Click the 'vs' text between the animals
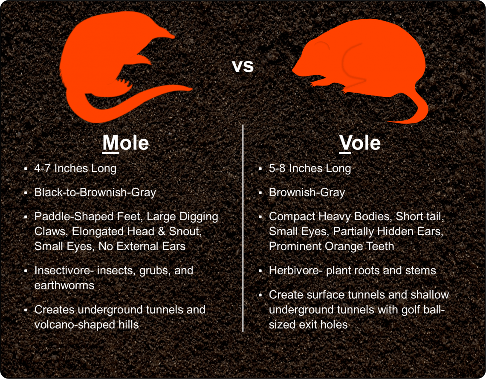pos(243,66)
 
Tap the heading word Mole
pos(126,143)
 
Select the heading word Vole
pos(360,143)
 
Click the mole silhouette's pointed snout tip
pos(174,37)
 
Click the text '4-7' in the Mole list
pos(43,168)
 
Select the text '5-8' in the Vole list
pos(277,168)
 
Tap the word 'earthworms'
pos(64,285)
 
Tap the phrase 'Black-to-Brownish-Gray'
pos(95,192)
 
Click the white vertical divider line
pos(243,228)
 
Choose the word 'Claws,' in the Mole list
pos(52,231)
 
